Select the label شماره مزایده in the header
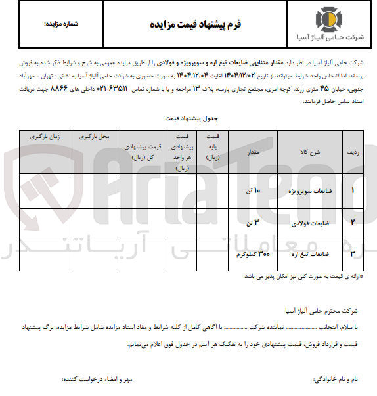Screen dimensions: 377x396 [60, 24]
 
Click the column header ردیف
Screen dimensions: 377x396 [352, 152]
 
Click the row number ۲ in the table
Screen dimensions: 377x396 [353, 223]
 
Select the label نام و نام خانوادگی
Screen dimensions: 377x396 [336, 380]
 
